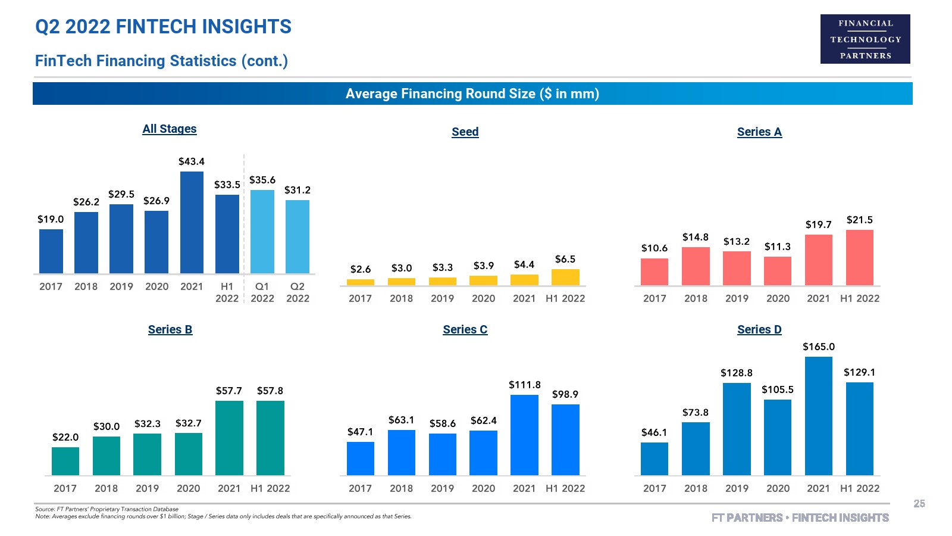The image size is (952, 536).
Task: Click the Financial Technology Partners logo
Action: tap(865, 39)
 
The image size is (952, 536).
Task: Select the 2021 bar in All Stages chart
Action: tap(192, 223)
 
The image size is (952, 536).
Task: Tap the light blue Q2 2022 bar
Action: tap(297, 237)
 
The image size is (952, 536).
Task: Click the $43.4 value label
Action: tap(192, 161)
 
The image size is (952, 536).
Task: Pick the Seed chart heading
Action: tap(465, 132)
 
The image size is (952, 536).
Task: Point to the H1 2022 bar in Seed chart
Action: tap(565, 278)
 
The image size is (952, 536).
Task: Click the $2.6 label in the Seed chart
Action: tap(361, 269)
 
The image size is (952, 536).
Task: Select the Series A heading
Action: tap(759, 132)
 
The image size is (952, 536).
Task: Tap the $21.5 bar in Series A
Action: tap(860, 258)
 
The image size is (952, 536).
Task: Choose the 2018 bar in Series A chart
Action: tap(696, 266)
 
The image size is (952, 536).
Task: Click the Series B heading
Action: tap(170, 330)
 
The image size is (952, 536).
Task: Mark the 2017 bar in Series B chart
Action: tap(65, 462)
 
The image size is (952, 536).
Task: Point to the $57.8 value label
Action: tap(270, 391)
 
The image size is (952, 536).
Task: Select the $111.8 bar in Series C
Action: tap(524, 435)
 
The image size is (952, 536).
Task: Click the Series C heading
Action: tap(465, 330)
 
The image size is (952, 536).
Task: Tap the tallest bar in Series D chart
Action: tap(819, 416)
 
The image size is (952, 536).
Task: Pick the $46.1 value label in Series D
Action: tap(654, 432)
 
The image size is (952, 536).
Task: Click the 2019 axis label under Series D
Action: tap(737, 488)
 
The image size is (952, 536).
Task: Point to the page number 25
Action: tap(919, 504)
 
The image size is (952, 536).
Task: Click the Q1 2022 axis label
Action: tap(262, 292)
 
